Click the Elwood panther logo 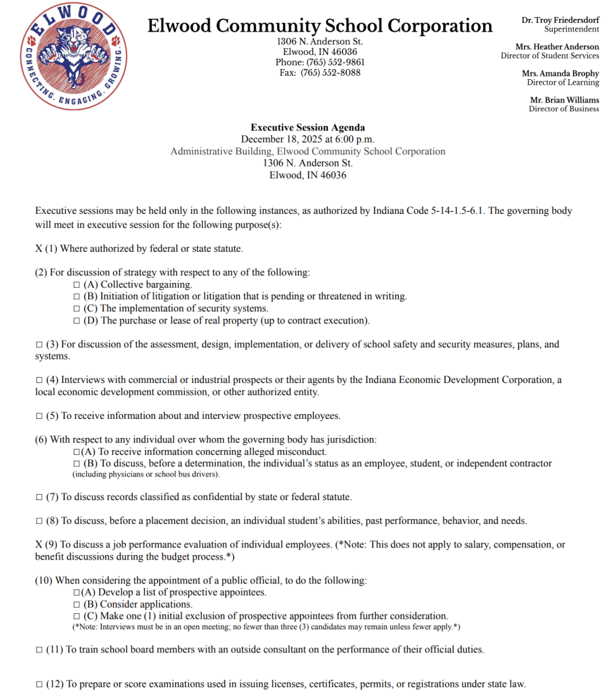pos(74,55)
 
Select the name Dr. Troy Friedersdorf pos(560,20)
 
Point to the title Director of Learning pos(563,83)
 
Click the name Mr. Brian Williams pos(564,100)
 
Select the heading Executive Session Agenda pos(308,127)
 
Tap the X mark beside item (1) pos(39,249)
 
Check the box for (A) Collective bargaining pos(77,285)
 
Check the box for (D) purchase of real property pos(77,321)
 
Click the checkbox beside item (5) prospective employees pos(39,416)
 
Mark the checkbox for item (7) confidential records pos(39,497)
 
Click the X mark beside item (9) pos(39,545)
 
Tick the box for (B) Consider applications pos(77,604)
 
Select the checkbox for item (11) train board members pos(39,650)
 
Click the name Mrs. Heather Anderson pos(557,47)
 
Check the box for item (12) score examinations pos(39,684)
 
